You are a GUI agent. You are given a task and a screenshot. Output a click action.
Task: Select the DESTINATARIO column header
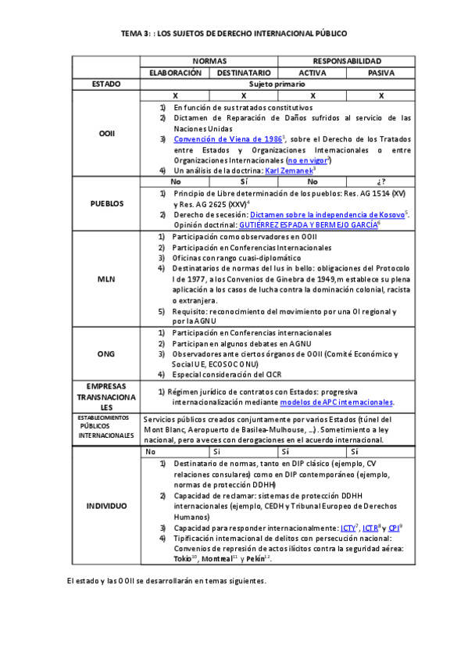point(244,72)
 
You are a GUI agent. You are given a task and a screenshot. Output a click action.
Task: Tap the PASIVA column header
point(380,72)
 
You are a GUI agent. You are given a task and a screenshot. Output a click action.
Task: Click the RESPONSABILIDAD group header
point(347,60)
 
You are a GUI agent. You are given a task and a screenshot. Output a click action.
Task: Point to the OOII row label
point(106,134)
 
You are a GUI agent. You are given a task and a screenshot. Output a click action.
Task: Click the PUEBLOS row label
point(106,202)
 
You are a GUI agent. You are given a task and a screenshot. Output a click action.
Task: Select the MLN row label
point(106,278)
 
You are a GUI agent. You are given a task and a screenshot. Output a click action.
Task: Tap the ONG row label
point(106,353)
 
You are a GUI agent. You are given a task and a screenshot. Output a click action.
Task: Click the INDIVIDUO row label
point(106,506)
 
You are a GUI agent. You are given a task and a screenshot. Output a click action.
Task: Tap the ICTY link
point(348,528)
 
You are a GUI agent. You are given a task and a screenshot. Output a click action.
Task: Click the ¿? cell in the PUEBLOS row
point(380,181)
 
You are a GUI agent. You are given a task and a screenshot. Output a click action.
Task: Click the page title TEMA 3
point(234,34)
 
